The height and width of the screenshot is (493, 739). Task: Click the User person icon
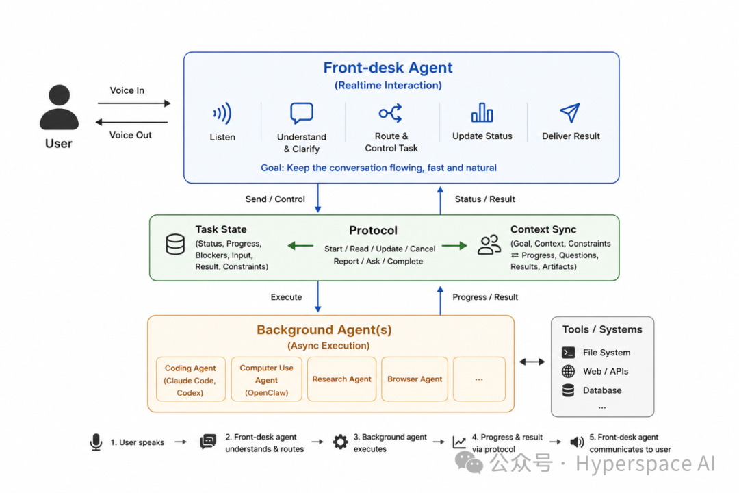click(x=59, y=108)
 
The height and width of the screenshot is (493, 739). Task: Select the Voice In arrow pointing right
click(x=134, y=103)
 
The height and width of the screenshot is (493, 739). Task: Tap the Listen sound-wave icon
click(x=222, y=113)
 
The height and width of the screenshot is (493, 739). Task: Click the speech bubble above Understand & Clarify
click(x=302, y=113)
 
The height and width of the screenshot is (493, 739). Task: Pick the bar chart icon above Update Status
click(x=482, y=112)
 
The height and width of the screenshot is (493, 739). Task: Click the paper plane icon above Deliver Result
click(x=570, y=113)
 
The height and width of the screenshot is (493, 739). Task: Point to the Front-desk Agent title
click(x=388, y=68)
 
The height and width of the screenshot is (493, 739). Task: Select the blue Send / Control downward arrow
click(x=318, y=198)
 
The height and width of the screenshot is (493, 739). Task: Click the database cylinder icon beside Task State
click(x=175, y=244)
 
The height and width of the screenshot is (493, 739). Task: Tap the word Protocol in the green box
click(x=374, y=230)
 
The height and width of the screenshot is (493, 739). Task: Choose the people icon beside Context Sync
click(x=489, y=245)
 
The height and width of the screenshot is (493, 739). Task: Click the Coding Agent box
click(x=190, y=379)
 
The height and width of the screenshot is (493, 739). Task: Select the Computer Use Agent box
click(x=266, y=379)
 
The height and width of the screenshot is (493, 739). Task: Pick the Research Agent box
click(x=341, y=379)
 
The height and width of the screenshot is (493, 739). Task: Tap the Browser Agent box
click(x=415, y=379)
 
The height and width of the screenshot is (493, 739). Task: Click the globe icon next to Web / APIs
click(x=569, y=371)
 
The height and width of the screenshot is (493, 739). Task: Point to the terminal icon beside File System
click(x=569, y=353)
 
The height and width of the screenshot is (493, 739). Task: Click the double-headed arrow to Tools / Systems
click(x=532, y=362)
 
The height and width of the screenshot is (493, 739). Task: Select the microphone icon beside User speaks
click(x=96, y=442)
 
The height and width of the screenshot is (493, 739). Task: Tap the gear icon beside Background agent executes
click(x=340, y=442)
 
